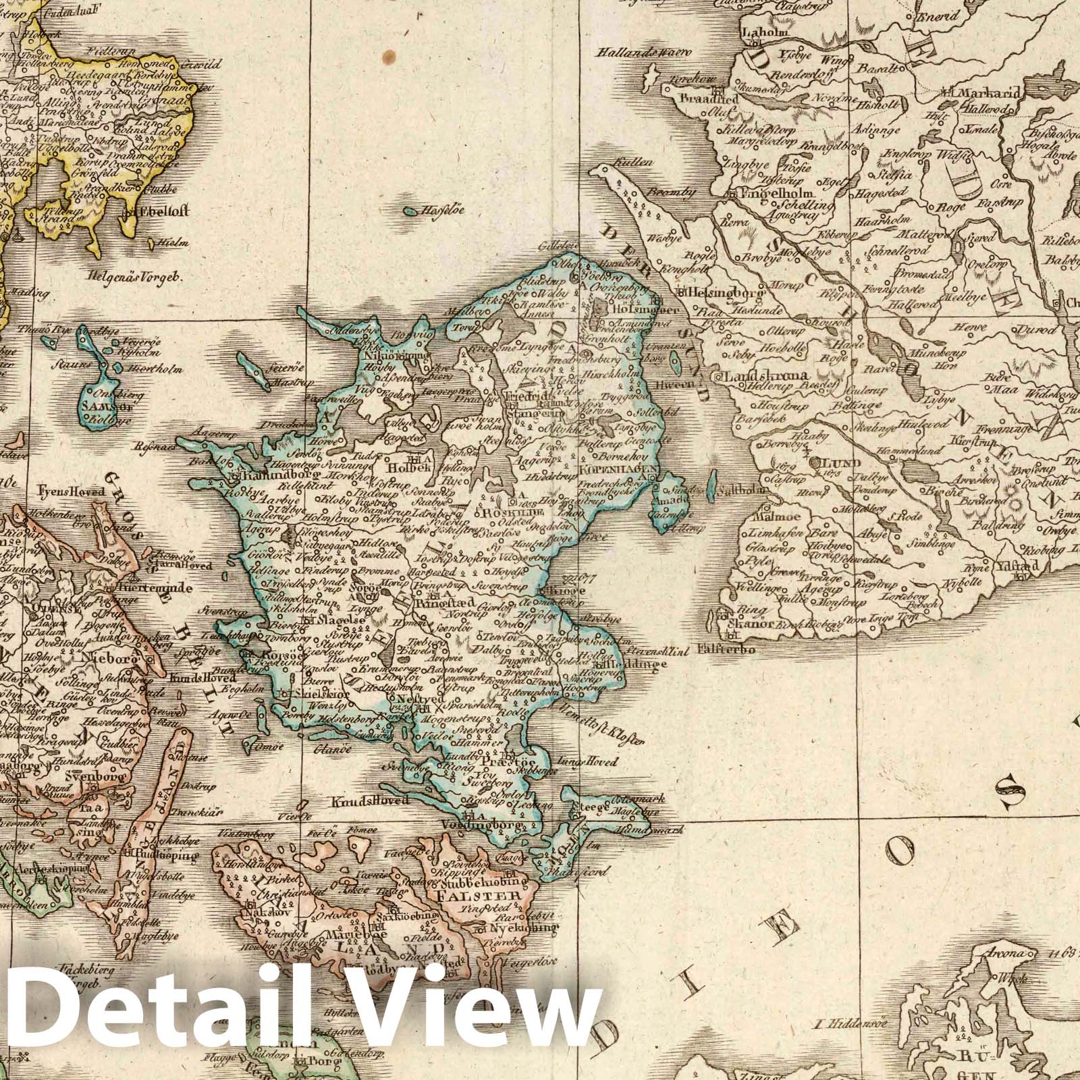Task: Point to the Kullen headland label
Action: [x=639, y=162]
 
